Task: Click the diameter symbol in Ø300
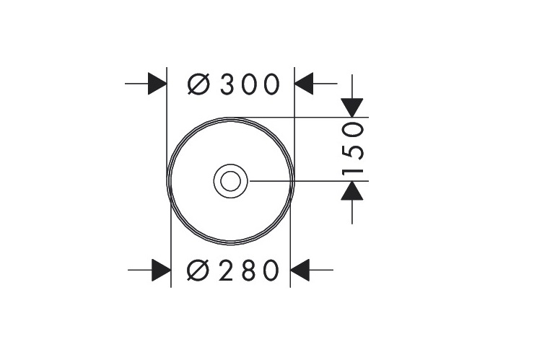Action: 199,84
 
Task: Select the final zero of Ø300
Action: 270,84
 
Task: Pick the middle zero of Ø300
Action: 249,84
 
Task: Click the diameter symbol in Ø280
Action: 198,271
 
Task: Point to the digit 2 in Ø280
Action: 227,271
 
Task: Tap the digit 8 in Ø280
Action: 248,271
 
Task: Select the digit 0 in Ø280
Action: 268,271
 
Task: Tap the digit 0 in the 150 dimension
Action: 353,131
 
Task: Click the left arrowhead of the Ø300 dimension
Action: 157,84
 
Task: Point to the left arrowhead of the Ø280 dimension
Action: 161,271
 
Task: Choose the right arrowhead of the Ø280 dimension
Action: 300,271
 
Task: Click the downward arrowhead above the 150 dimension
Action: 352,107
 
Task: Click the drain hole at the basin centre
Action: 230,180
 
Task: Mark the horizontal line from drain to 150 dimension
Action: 303,180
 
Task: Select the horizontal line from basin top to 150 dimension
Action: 318,117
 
